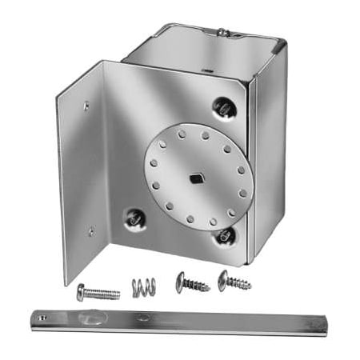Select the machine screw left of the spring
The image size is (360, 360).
click(98, 293)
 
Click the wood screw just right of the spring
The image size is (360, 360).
click(192, 283)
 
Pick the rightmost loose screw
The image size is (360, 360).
click(234, 281)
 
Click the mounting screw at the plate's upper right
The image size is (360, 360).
click(224, 106)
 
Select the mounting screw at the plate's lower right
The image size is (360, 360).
click(226, 235)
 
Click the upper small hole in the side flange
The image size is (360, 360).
click(86, 104)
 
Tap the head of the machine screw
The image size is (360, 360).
click(81, 293)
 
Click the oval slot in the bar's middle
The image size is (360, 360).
click(144, 318)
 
